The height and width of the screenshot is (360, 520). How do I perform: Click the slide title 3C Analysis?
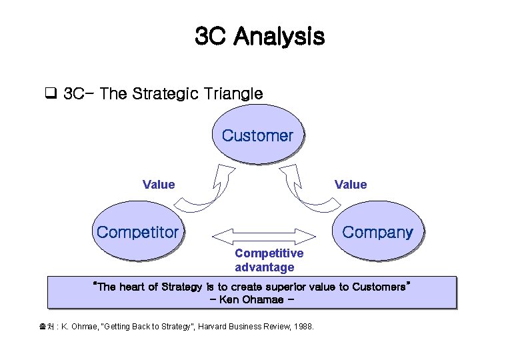coord(259,36)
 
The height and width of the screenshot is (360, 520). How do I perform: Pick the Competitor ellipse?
coord(138,233)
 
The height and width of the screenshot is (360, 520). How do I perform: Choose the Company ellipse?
coord(377,233)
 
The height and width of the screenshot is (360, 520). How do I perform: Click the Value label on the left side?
coord(159,185)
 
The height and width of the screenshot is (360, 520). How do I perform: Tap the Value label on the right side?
coord(351,185)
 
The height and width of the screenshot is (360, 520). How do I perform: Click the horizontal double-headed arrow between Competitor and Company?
coord(265,235)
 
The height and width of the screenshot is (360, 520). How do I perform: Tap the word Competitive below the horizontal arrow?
coord(269,253)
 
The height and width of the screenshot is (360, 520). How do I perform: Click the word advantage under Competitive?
coord(265,267)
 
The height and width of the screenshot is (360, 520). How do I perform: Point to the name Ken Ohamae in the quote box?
coord(252,299)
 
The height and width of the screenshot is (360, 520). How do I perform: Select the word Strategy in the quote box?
coord(178,287)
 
